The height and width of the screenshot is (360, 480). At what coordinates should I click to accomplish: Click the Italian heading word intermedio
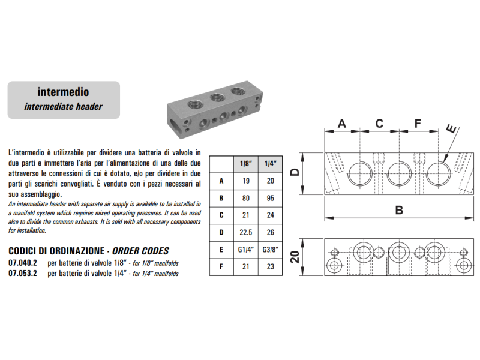(x=63, y=92)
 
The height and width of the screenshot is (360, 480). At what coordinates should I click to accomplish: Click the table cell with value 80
(x=245, y=197)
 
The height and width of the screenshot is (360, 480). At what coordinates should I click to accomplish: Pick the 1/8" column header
(x=245, y=163)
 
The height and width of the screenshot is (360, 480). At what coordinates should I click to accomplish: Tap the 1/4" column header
(x=270, y=163)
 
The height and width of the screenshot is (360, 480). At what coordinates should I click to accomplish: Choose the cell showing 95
(x=270, y=197)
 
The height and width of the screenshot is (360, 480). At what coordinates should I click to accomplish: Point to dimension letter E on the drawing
(x=451, y=128)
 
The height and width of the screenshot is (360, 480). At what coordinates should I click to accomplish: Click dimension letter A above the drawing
(x=341, y=124)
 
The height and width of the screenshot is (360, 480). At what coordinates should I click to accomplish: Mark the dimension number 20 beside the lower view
(x=295, y=257)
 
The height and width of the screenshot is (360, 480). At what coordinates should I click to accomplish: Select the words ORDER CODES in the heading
(x=142, y=251)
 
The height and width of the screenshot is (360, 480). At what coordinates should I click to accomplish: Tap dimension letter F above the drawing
(x=418, y=124)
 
